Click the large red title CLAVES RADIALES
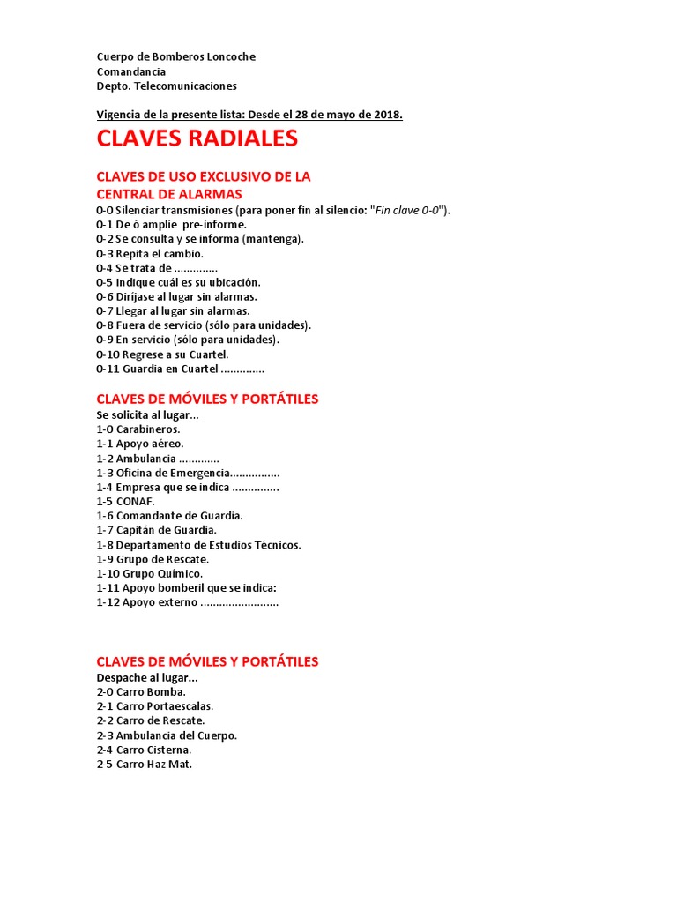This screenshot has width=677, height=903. (x=197, y=139)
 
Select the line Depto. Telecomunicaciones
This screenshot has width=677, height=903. (x=167, y=86)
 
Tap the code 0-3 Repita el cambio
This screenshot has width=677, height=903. (x=150, y=253)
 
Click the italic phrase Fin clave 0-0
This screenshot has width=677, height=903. (x=408, y=210)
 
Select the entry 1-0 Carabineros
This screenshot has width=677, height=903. (x=138, y=429)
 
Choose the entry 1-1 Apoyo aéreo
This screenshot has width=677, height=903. (x=140, y=444)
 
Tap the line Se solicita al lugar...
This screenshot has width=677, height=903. (x=148, y=414)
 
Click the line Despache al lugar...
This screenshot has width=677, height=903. (x=147, y=677)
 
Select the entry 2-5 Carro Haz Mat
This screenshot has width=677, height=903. (x=145, y=765)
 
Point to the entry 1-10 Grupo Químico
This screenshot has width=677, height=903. (x=149, y=573)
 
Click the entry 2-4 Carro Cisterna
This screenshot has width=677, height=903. (x=144, y=750)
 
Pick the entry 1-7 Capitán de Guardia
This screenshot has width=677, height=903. (x=156, y=530)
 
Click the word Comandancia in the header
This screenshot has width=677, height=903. (x=131, y=71)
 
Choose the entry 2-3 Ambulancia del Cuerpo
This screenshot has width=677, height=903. (x=167, y=735)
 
